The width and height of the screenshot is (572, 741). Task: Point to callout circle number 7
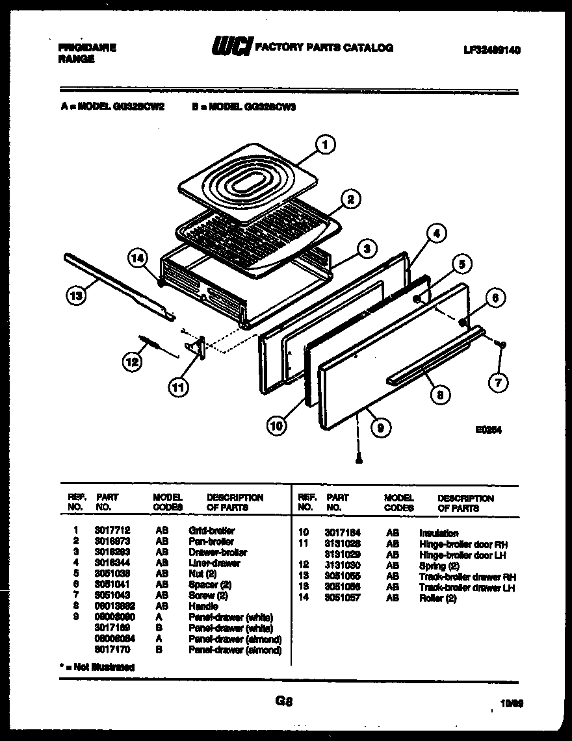[x=498, y=383]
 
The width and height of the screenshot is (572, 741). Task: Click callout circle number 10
[x=276, y=426]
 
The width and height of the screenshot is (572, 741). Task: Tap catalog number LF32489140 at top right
[x=492, y=49]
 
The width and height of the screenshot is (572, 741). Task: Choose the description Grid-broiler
[x=211, y=530]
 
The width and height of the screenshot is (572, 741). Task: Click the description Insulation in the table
[x=439, y=533]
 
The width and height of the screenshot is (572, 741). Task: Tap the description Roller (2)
[x=437, y=599]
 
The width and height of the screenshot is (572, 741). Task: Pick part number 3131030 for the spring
[x=343, y=566]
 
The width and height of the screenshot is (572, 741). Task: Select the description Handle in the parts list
[x=203, y=606]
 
